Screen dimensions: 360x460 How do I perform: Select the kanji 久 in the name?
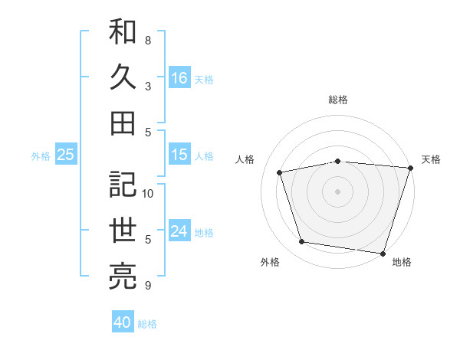[123, 77]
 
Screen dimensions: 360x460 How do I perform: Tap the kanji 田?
[123, 122]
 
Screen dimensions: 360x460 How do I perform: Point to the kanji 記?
[123, 185]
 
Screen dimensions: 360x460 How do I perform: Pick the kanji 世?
[123, 230]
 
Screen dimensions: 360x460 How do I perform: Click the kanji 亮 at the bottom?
[123, 274]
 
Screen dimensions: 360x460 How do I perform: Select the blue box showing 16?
[179, 77]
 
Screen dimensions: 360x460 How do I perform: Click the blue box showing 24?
[179, 231]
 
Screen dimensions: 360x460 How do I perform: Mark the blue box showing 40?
[123, 322]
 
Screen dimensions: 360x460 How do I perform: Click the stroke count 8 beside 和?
[148, 40]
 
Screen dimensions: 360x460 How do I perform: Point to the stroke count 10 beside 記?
[148, 193]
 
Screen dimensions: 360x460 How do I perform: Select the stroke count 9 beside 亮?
[148, 286]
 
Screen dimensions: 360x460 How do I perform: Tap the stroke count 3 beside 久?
[148, 86]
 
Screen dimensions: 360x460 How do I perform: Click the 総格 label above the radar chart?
[338, 100]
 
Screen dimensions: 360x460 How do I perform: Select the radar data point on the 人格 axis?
[281, 172]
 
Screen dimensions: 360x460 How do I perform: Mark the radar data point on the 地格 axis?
[383, 252]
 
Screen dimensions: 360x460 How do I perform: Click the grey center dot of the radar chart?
[338, 191]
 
